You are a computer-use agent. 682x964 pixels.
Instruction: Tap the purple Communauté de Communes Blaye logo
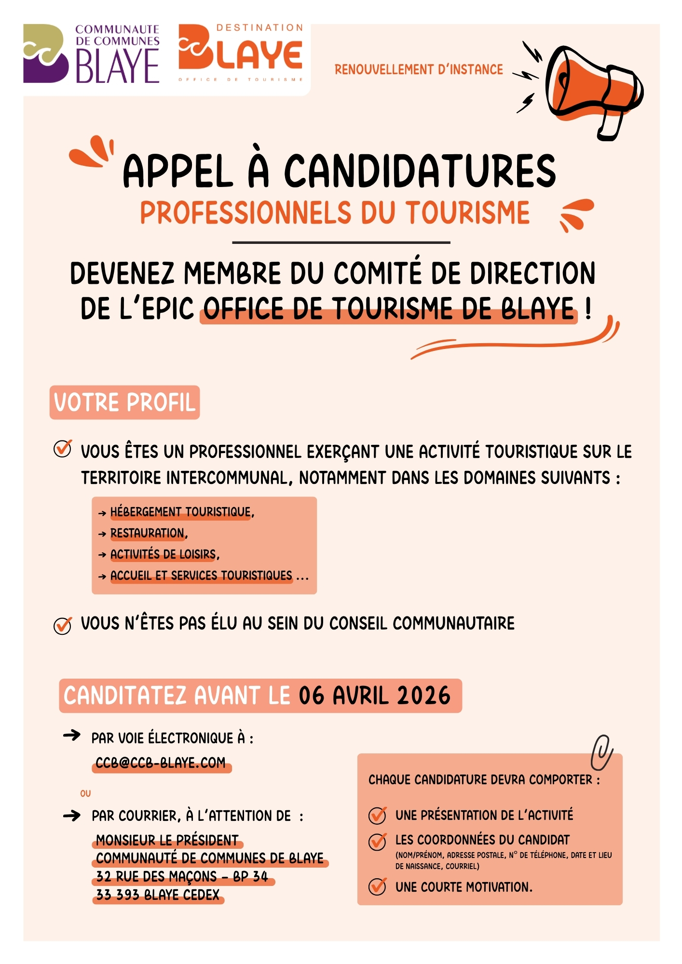(92, 54)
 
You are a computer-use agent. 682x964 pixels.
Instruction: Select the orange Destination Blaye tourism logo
(241, 53)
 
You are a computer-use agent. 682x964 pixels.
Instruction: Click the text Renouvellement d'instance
(419, 70)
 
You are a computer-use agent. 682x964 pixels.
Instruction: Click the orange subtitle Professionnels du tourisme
(335, 213)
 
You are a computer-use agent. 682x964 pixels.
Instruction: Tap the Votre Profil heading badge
(124, 402)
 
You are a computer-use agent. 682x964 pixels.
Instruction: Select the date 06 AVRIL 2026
(374, 696)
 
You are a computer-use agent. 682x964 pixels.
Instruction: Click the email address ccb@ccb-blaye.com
(161, 763)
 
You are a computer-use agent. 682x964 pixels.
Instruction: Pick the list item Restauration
(148, 533)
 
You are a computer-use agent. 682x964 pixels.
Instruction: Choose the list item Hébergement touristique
(181, 512)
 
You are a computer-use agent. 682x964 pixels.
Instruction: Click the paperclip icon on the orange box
(601, 753)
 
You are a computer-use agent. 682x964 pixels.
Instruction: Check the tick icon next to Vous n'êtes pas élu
(63, 625)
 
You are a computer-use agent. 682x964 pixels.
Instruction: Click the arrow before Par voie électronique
(72, 736)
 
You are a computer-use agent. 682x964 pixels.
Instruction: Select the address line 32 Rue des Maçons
(182, 877)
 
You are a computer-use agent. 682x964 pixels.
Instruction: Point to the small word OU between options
(85, 793)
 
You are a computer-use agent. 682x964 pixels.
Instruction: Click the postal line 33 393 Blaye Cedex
(158, 895)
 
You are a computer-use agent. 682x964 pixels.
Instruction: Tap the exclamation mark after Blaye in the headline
(587, 308)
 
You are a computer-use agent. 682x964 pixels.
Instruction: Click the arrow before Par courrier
(72, 816)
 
